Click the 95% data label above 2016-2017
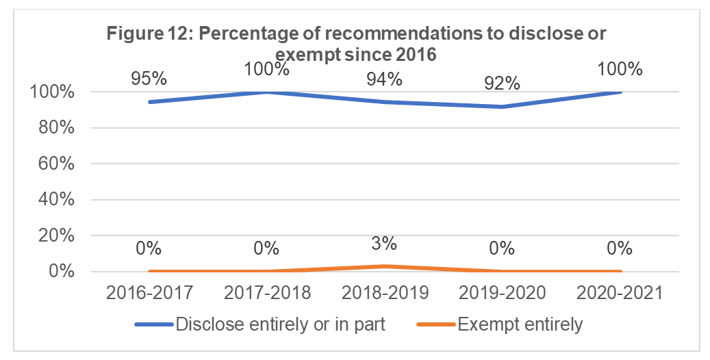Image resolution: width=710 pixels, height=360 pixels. coord(149,78)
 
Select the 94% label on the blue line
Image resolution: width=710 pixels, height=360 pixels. coord(384,79)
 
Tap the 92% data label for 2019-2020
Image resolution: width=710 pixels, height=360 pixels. coord(502,83)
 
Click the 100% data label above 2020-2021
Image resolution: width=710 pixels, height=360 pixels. coord(620,69)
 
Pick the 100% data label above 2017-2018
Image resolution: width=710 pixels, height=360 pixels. coord(267,69)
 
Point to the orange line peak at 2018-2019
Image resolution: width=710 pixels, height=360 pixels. coord(384,266)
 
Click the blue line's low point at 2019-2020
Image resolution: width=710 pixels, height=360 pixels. coord(502,106)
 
